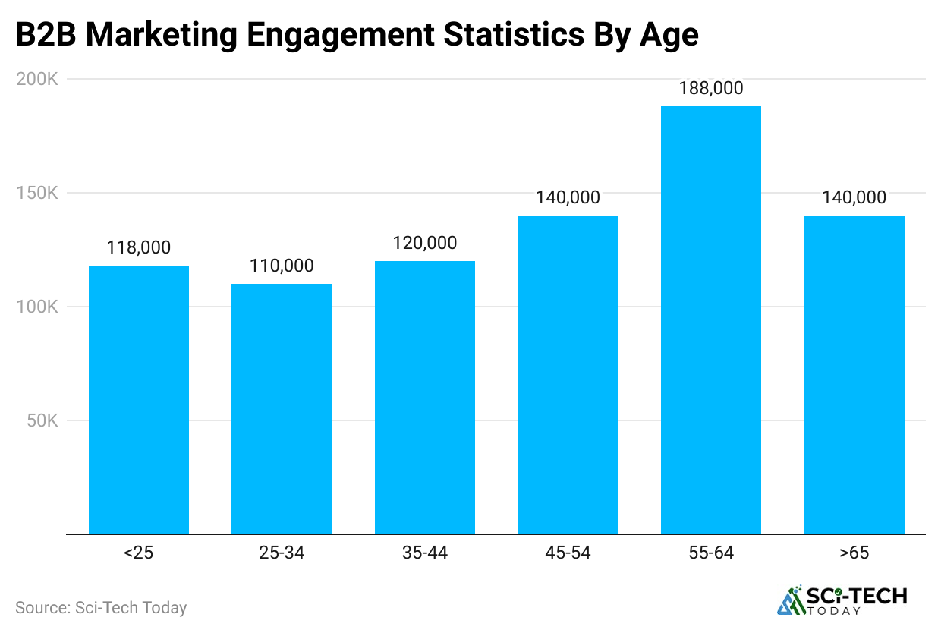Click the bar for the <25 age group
click(139, 399)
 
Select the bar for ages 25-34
click(282, 408)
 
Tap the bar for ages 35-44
click(425, 397)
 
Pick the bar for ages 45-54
click(568, 374)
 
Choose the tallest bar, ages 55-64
click(711, 320)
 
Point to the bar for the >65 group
click(854, 374)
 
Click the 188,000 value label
click(711, 88)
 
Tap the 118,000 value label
click(139, 247)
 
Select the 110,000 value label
click(282, 266)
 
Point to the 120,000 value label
click(425, 243)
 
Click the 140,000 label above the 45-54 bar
click(568, 197)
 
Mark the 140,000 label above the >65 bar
click(854, 197)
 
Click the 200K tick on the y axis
click(37, 79)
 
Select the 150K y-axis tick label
click(37, 193)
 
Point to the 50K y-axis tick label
click(42, 420)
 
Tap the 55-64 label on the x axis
click(711, 553)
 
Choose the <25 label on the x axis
click(139, 553)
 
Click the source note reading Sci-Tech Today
click(101, 607)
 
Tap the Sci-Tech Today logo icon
click(791, 600)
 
